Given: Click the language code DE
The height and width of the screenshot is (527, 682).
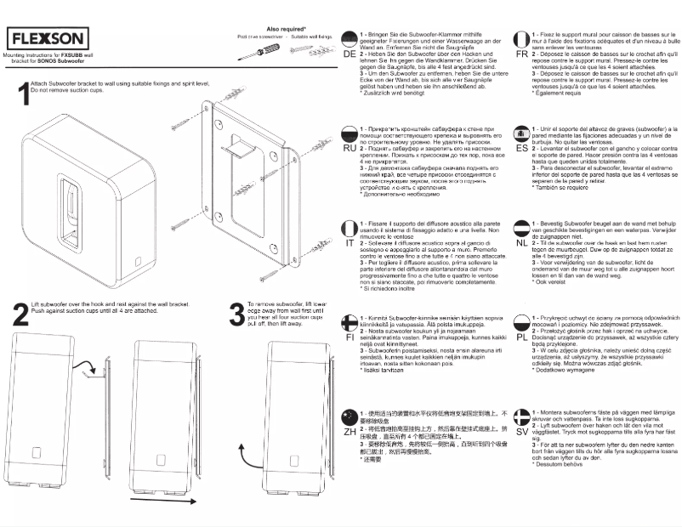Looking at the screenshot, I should pyautogui.click(x=350, y=54).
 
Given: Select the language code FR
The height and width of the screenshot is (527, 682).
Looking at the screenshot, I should pyautogui.click(x=521, y=54).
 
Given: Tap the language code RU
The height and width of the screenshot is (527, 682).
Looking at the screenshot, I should pyautogui.click(x=350, y=148).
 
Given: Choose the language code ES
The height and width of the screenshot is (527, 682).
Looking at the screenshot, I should pyautogui.click(x=521, y=148).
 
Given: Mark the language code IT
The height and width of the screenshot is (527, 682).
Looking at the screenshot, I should pyautogui.click(x=350, y=242).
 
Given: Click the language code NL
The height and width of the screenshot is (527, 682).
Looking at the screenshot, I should pyautogui.click(x=521, y=242).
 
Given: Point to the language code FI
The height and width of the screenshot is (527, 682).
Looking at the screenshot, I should pyautogui.click(x=350, y=337).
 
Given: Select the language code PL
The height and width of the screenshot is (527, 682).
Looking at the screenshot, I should pyautogui.click(x=521, y=337).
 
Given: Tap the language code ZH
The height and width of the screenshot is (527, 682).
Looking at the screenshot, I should pyautogui.click(x=350, y=432).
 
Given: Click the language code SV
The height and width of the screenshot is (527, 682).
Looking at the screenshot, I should pyautogui.click(x=521, y=432).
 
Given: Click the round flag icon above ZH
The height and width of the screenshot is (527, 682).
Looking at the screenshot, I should pyautogui.click(x=350, y=416).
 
